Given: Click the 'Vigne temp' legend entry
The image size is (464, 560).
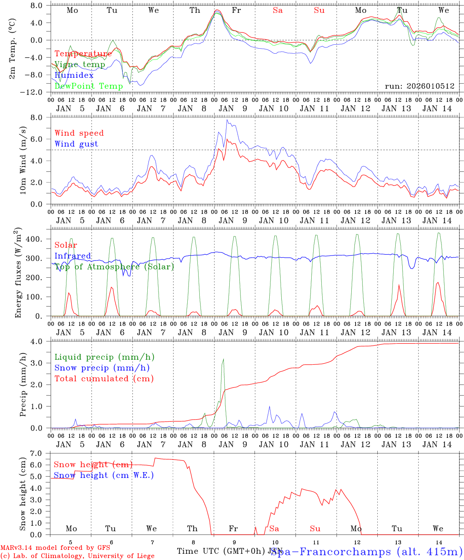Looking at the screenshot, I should pos(80,65).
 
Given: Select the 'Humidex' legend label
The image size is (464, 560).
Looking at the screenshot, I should pos(74,75).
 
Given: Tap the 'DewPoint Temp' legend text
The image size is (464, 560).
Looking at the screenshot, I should pos(89,86).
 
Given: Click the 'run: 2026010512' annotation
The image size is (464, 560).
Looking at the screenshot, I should pos(420,86).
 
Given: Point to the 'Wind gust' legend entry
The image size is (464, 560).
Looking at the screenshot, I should pos(76,144).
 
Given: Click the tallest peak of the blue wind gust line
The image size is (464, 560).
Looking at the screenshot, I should pos(227,120).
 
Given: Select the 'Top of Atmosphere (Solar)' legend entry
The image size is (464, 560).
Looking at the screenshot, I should pos(114,267).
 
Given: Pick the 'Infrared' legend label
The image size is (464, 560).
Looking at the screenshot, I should pos(73,256).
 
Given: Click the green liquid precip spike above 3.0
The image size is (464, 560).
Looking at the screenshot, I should pos(223,360).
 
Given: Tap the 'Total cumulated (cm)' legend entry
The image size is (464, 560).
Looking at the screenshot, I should pos(104,379).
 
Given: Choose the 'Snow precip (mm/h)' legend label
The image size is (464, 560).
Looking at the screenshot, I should pos(102,368).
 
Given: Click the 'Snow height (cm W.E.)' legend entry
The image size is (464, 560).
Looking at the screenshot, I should pos(103,475).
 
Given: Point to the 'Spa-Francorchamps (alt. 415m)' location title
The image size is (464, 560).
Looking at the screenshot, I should pos(366,551).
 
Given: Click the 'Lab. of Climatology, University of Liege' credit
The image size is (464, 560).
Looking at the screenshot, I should pos(77,556).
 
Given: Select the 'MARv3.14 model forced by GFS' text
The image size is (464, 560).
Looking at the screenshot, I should pos(55,548).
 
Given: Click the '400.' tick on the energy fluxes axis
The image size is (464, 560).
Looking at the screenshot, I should pos(35,239).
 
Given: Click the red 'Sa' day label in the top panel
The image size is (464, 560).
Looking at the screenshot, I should pos(277,10).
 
